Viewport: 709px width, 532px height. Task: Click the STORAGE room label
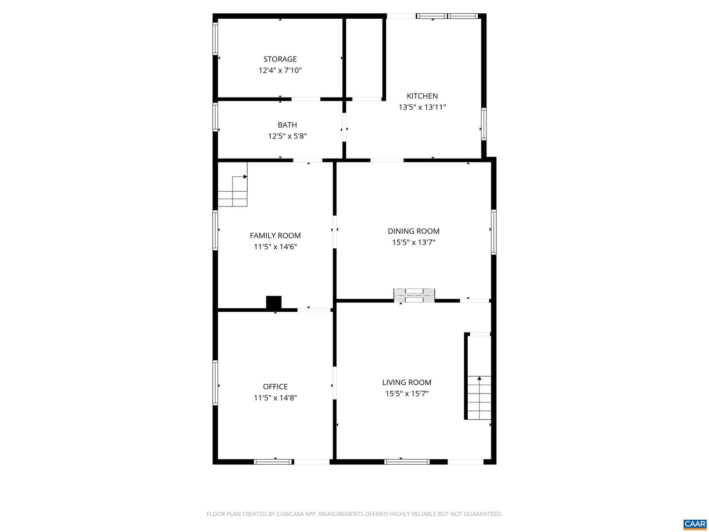click(x=280, y=59)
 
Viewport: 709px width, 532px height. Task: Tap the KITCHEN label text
click(x=422, y=96)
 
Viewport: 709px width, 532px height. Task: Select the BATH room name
click(x=287, y=125)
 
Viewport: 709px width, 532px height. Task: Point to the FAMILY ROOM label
click(x=275, y=236)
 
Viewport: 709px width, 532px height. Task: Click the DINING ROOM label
click(x=414, y=231)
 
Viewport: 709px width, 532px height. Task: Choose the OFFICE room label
click(x=275, y=387)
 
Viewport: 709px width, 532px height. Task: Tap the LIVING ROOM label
click(x=407, y=382)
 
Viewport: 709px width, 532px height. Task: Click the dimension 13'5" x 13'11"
click(x=422, y=107)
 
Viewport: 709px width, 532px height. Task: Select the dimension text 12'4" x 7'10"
click(x=280, y=70)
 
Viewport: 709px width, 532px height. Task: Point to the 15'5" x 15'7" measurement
click(x=407, y=394)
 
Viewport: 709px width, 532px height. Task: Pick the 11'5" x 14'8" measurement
click(x=275, y=398)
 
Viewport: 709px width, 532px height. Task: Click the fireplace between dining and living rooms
click(x=414, y=295)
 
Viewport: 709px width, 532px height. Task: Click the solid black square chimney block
click(x=274, y=302)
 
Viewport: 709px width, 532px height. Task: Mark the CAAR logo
click(x=695, y=524)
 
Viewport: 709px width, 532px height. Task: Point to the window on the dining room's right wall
click(x=493, y=232)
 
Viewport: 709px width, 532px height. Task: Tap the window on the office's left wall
click(x=215, y=383)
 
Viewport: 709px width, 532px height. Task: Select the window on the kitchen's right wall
click(x=483, y=124)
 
